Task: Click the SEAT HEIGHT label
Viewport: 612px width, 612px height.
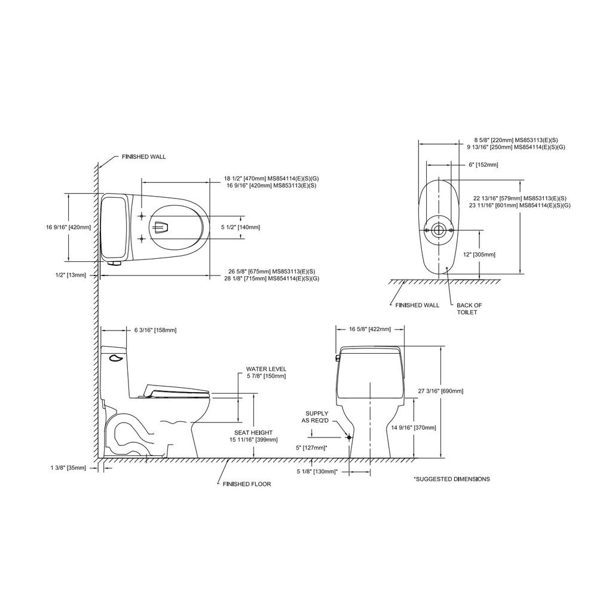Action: (x=253, y=433)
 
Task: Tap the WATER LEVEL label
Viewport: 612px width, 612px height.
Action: (x=266, y=369)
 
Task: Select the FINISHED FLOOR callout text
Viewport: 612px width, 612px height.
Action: (x=247, y=484)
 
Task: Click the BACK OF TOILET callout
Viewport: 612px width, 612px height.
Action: (x=469, y=309)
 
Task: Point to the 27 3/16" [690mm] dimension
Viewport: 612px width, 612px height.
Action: (x=440, y=391)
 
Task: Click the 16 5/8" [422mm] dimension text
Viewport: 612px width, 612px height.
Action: (x=369, y=329)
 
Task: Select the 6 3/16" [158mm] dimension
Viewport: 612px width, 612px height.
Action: (x=155, y=330)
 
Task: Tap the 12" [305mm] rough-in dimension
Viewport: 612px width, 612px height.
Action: (x=479, y=255)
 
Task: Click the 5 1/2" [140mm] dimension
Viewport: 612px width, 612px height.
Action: (x=240, y=227)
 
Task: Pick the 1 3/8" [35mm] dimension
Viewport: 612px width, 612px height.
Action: (x=68, y=467)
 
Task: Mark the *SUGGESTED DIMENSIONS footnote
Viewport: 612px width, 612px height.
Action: (x=452, y=479)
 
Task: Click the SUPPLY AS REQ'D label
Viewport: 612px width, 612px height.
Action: (x=317, y=417)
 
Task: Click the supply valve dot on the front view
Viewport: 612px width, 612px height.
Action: (x=349, y=437)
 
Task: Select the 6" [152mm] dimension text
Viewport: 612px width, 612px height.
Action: (x=483, y=165)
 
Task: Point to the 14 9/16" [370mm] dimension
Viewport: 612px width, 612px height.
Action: (x=414, y=428)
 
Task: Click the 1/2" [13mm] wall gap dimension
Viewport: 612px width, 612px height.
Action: (x=71, y=275)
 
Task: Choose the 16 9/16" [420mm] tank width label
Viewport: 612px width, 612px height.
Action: (x=68, y=227)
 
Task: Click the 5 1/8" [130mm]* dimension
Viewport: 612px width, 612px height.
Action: (x=317, y=472)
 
